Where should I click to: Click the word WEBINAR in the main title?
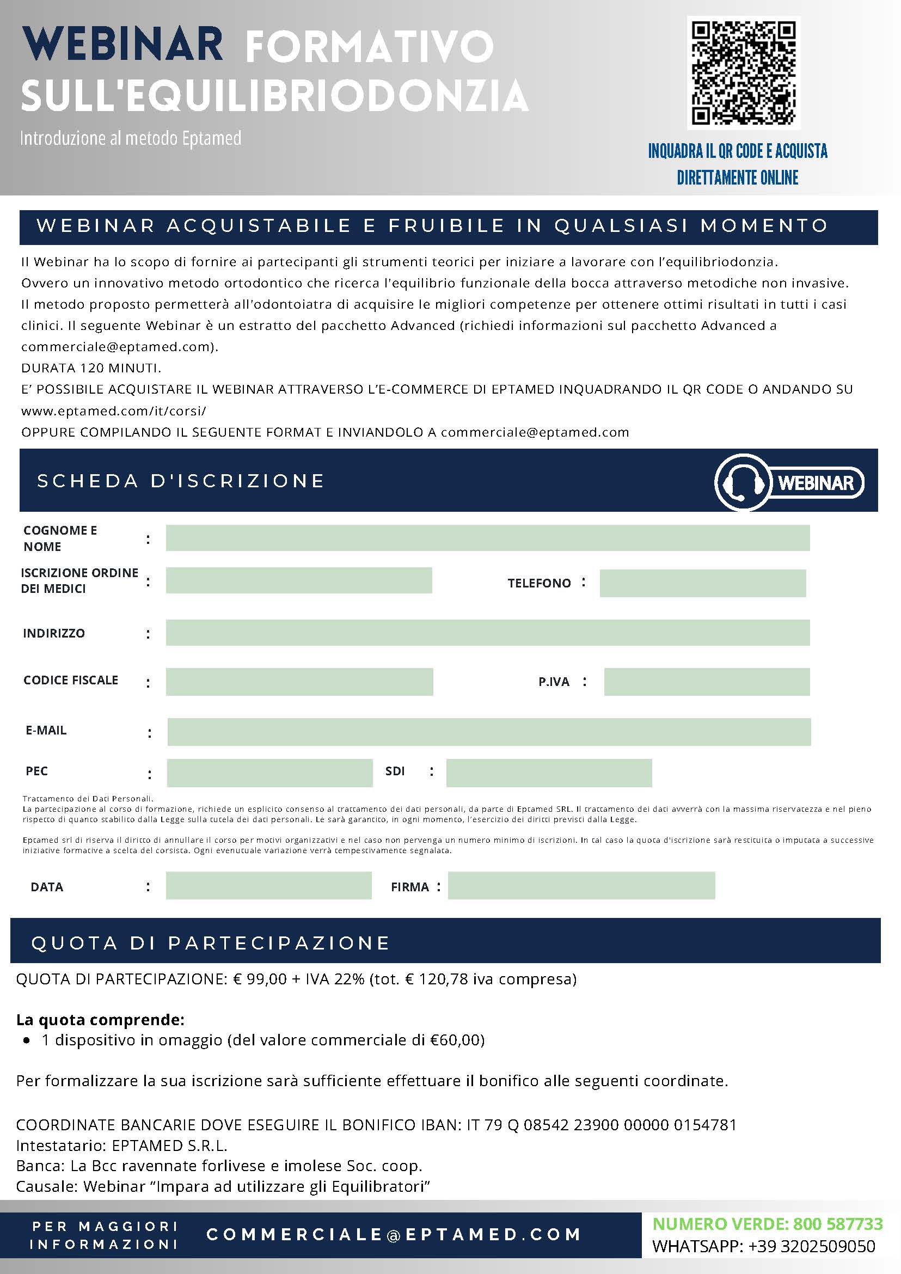click(x=122, y=45)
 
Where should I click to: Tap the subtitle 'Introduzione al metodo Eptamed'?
click(x=130, y=138)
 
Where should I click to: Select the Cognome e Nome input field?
click(x=487, y=538)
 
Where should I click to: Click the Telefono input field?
click(x=702, y=583)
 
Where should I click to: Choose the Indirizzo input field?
click(x=487, y=633)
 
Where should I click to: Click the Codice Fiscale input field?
click(x=299, y=682)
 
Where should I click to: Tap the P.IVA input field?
click(x=706, y=682)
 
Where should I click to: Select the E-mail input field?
click(x=488, y=731)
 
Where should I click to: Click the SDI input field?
click(x=549, y=773)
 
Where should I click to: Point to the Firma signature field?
click(x=581, y=886)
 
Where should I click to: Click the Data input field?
click(x=268, y=886)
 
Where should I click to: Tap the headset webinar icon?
click(x=743, y=482)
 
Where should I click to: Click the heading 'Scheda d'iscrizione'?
click(x=181, y=481)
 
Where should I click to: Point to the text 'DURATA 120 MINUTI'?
click(x=91, y=368)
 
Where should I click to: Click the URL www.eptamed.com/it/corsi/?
click(x=113, y=411)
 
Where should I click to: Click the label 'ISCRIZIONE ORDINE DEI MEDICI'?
click(x=79, y=580)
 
